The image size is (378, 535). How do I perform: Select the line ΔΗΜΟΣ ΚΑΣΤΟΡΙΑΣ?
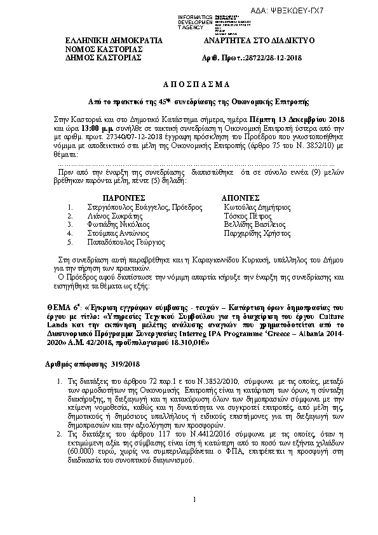click(102, 57)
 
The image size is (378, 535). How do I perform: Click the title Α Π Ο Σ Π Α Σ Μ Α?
click(189, 84)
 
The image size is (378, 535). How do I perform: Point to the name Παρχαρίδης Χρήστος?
click(258, 233)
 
